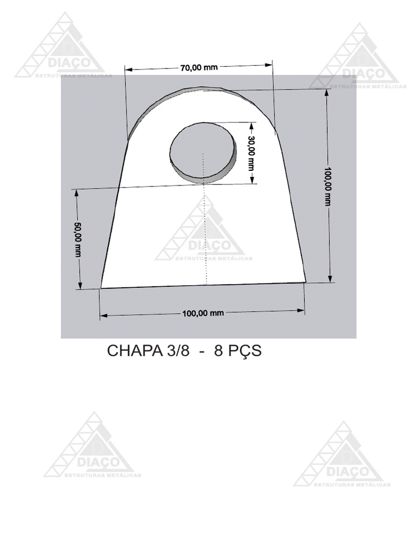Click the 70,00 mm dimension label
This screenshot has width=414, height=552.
[x=199, y=67]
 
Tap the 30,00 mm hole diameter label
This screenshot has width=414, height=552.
[x=251, y=153]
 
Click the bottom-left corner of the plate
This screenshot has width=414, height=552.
[x=101, y=288]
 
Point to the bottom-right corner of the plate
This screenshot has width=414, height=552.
[x=306, y=282]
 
